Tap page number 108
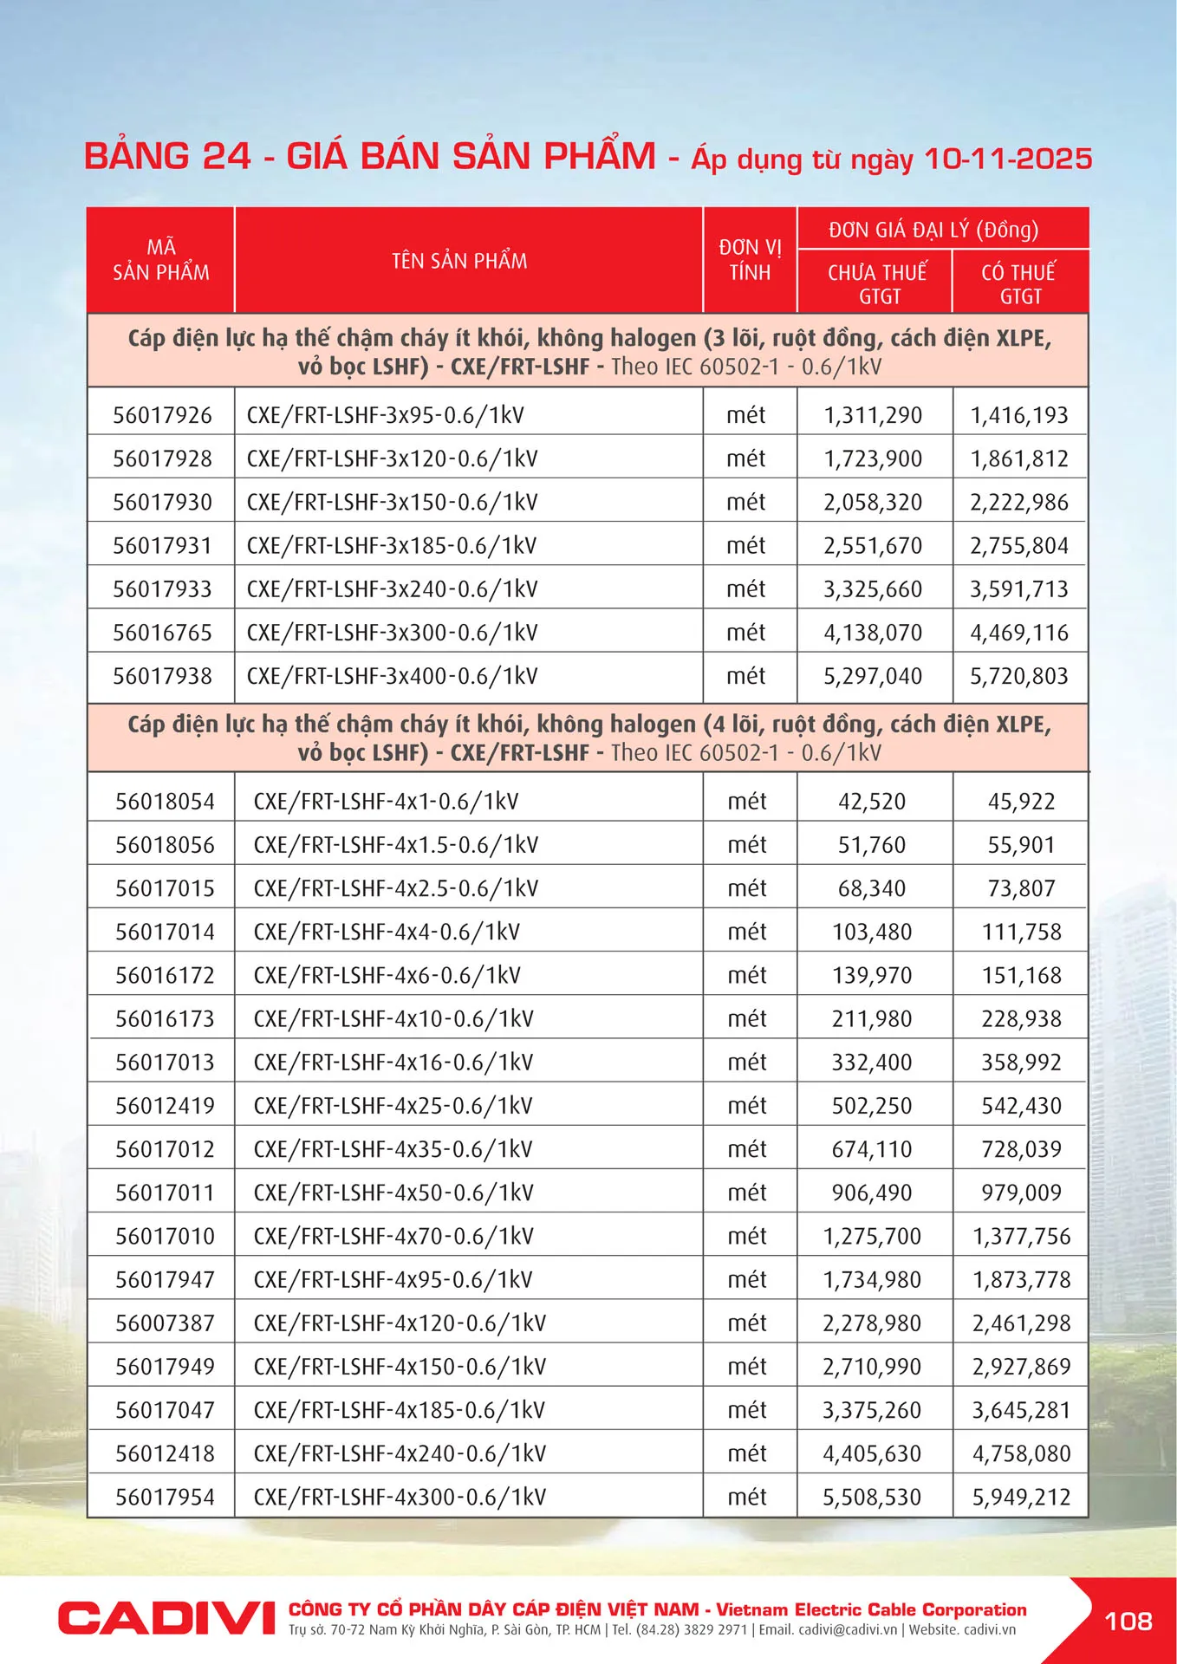pos(1128,1621)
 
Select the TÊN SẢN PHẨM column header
pos(459,261)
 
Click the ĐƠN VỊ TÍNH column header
pos(750,260)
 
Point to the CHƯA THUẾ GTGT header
pos(877,283)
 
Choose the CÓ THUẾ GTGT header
pos(1019,283)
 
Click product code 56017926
pos(162,415)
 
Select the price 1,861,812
pos(1019,458)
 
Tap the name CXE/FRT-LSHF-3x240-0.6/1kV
pos(392,589)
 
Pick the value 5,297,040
pos(873,676)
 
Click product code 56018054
pos(165,802)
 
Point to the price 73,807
pos(1021,888)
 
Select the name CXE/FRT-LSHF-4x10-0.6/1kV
pos(393,1018)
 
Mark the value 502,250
pos(872,1106)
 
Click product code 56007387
pos(165,1323)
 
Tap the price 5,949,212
pos(1021,1497)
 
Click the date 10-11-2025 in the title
pos(1007,159)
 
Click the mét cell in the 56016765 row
pos(746,633)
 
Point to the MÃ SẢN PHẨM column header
pos(161,260)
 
